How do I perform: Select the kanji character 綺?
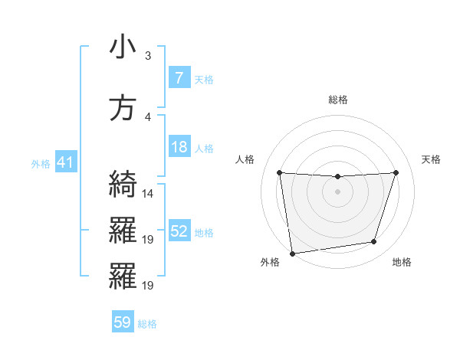(x=123, y=185)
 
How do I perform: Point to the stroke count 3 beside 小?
(x=148, y=56)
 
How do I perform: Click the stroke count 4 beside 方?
(x=148, y=117)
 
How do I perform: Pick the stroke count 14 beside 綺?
(x=149, y=194)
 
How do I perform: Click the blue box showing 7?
(x=179, y=78)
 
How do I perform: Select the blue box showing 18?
(x=179, y=148)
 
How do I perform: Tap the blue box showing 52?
(x=179, y=232)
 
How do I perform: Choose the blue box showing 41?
(x=65, y=163)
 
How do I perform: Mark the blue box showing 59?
(x=122, y=323)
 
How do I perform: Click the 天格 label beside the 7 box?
(x=204, y=79)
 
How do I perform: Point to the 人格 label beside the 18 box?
(x=204, y=149)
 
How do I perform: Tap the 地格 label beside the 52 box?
(x=204, y=233)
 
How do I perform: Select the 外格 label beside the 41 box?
(x=41, y=164)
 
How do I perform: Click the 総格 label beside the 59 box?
(x=147, y=324)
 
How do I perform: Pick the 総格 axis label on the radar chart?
(x=337, y=100)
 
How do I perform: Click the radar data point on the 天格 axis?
(x=396, y=172)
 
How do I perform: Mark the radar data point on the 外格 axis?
(x=292, y=253)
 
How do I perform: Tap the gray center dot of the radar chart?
(x=337, y=191)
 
